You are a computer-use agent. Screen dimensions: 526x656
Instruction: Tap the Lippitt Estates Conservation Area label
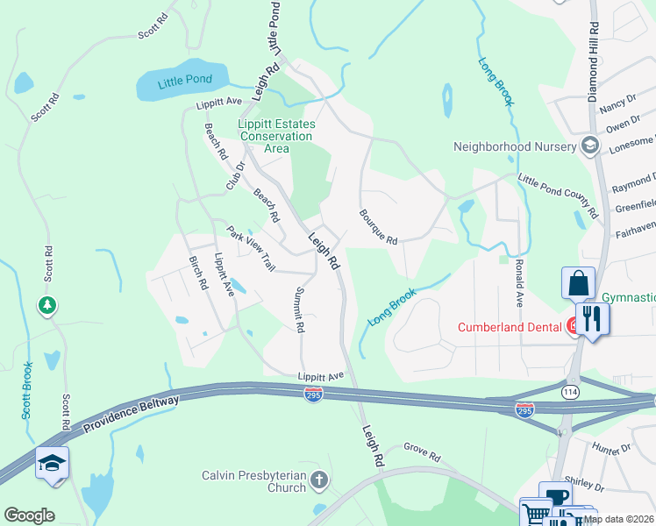[275, 136]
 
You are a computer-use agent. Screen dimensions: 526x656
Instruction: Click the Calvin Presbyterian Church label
[253, 480]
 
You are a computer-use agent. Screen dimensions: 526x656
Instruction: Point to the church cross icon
[318, 480]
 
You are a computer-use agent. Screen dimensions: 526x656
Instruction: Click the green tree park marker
[47, 306]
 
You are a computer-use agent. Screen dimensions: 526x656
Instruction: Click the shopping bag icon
[579, 284]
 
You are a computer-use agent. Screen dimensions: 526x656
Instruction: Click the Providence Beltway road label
[132, 414]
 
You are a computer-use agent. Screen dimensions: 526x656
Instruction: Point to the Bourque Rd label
[378, 226]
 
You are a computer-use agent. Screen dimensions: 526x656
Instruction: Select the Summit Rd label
[299, 310]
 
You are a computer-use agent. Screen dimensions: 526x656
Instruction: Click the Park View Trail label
[251, 249]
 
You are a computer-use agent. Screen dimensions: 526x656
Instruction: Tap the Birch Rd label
[198, 273]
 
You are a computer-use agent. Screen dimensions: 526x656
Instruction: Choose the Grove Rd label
[422, 452]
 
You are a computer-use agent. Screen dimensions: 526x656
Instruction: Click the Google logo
[30, 515]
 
